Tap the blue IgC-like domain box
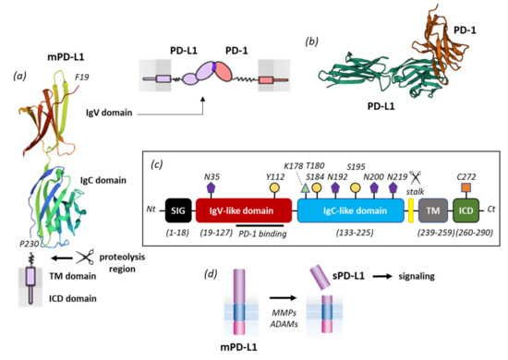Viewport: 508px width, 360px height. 351,211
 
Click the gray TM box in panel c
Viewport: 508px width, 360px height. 431,211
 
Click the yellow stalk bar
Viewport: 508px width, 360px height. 410,211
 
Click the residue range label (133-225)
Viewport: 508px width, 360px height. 350,236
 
